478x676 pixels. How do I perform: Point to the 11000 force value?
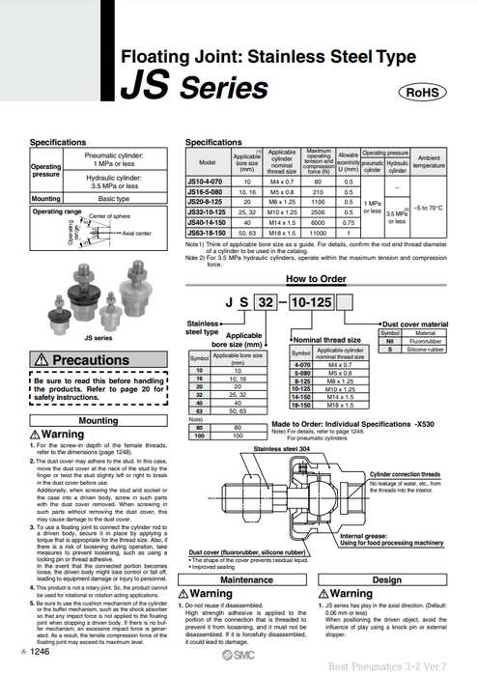[x=319, y=233]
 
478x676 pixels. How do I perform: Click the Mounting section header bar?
[x=98, y=421]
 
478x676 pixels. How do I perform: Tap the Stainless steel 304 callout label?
[x=281, y=450]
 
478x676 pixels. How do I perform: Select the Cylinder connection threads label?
[x=405, y=474]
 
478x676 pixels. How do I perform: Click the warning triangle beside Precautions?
[x=42, y=360]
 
